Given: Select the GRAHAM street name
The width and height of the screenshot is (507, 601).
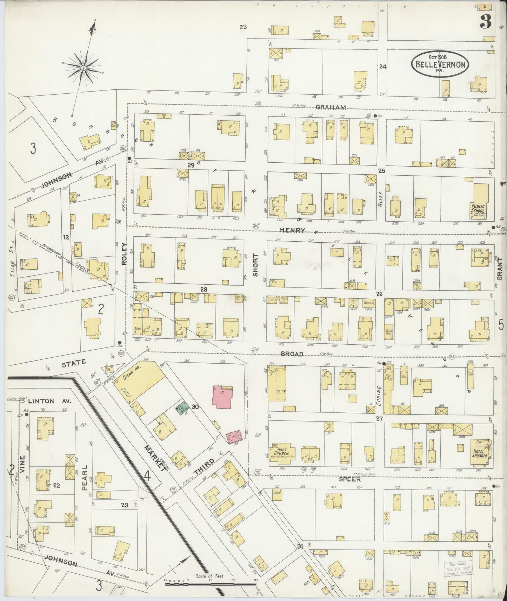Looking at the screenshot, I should (331, 107).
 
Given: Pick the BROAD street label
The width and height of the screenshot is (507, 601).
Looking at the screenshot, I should (292, 354).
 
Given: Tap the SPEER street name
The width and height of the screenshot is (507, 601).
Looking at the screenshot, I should (349, 479).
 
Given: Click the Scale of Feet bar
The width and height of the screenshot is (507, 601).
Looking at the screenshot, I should (211, 584).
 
